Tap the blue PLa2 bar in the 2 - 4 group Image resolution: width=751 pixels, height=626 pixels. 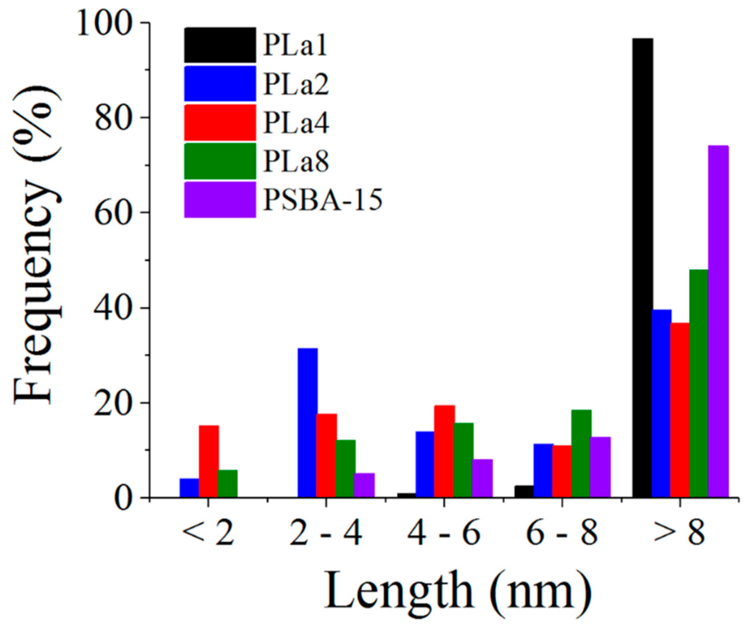pos(308,422)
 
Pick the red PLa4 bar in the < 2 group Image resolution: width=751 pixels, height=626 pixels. pos(208,461)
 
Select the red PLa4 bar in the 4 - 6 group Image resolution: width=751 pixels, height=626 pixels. pos(444,451)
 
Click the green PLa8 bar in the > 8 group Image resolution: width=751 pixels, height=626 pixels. pos(699,383)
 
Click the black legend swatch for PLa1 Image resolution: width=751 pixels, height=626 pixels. pos(220,45)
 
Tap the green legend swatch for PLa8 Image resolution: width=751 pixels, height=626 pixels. pos(220,161)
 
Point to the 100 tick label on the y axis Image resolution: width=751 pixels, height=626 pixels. pos(104,23)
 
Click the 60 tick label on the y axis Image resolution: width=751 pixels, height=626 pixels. pos(111,213)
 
